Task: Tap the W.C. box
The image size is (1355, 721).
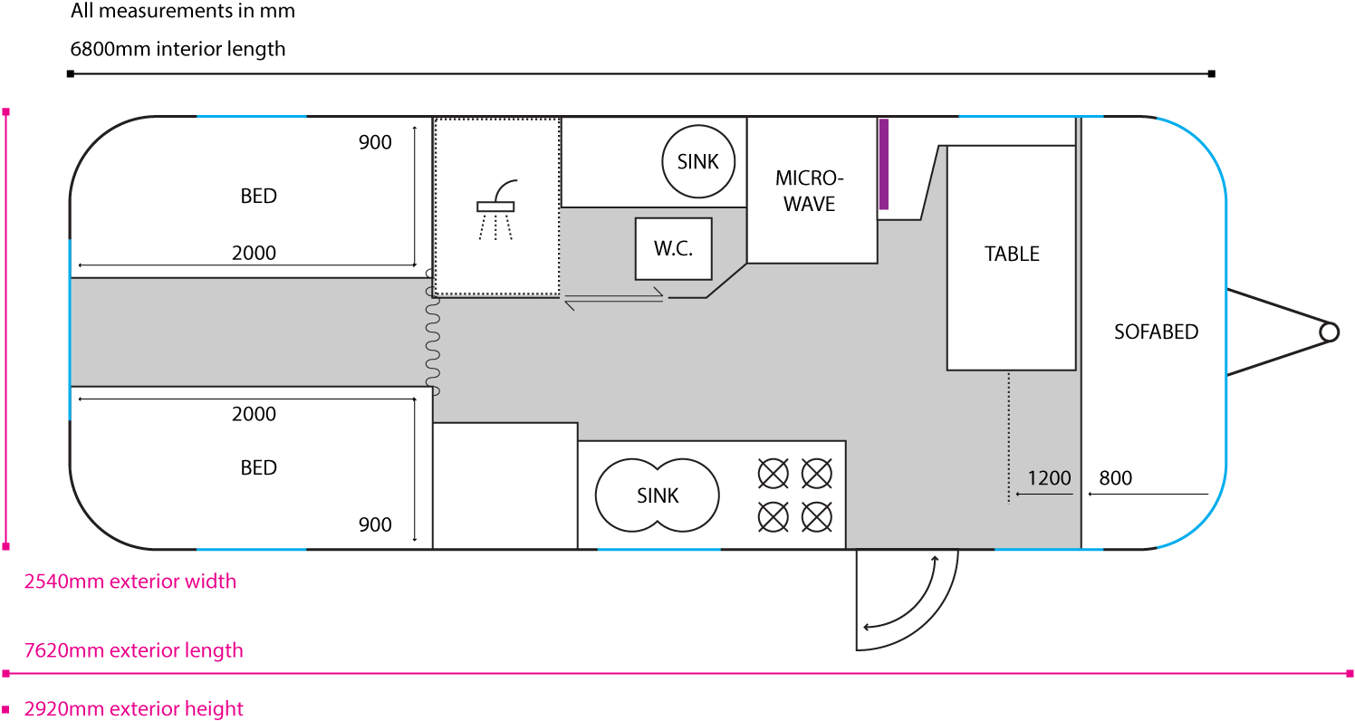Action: (673, 249)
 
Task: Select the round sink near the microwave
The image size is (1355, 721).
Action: (697, 161)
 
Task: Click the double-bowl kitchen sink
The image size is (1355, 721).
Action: (658, 495)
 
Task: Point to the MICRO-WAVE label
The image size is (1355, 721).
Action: (810, 190)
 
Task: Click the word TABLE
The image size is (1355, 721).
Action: (1012, 255)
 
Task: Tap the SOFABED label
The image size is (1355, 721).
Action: (1156, 332)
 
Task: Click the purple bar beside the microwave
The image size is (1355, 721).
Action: (884, 164)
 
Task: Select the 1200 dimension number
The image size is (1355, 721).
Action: (1049, 478)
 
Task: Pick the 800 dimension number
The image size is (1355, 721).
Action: (1115, 478)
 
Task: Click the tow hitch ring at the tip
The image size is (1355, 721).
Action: (1329, 332)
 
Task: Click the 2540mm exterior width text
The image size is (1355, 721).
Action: (130, 582)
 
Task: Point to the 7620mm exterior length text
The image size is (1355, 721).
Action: (134, 650)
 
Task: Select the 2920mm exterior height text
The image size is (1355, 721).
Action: (134, 708)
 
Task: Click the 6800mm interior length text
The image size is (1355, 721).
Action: (178, 49)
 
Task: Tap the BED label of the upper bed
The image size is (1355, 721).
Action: (258, 196)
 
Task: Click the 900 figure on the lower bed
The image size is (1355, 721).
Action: (375, 524)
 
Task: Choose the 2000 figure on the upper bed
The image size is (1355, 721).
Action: (254, 254)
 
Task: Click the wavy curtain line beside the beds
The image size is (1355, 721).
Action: (432, 332)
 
